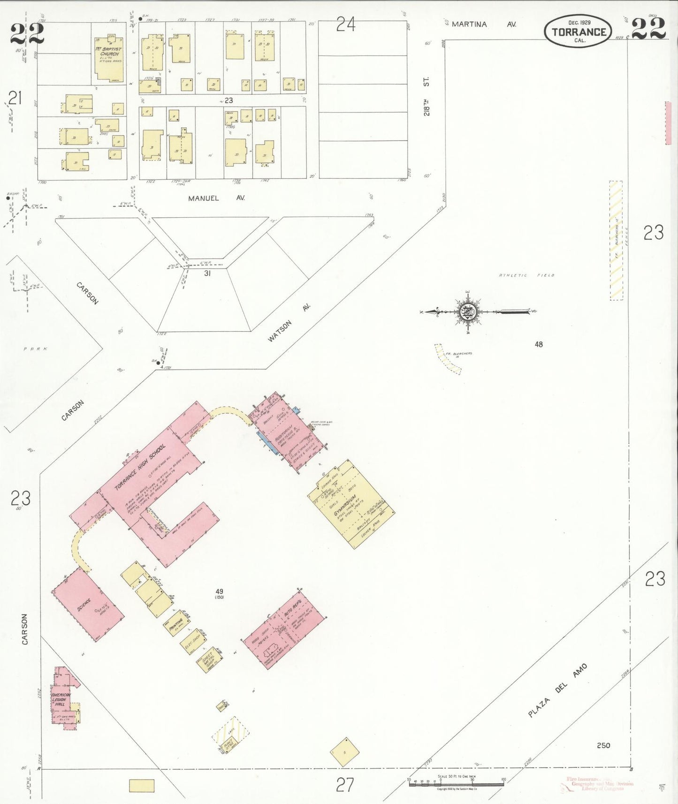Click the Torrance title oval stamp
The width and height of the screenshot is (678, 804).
pos(579,31)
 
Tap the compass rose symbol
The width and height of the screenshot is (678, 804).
pos(468,311)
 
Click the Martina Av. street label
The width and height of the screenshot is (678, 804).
pos(483,24)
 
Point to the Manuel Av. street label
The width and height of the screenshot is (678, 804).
pos(216,198)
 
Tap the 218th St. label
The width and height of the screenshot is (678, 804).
pos(427,97)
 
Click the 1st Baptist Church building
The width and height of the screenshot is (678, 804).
pos(110,59)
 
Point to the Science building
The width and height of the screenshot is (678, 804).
pos(88,604)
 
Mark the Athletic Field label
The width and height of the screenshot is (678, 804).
pos(526,275)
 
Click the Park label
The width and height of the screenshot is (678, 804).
pos(36,349)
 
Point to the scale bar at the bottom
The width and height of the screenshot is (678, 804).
pos(456,782)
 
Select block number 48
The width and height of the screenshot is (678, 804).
pos(539,344)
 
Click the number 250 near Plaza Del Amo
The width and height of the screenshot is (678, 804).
pos(603,745)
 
